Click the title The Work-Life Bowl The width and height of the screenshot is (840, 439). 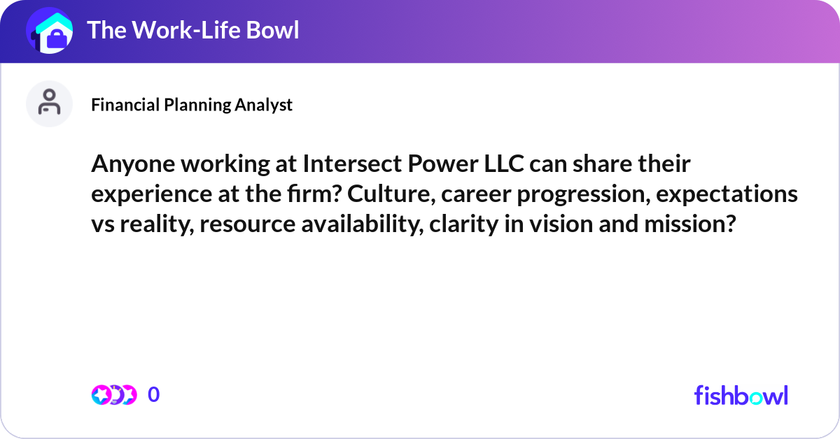192,30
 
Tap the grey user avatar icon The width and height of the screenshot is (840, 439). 49,103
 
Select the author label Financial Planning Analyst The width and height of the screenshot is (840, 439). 192,105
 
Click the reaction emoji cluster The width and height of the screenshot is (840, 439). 114,395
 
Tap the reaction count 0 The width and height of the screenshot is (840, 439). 154,395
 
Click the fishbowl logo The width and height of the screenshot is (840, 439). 741,395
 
